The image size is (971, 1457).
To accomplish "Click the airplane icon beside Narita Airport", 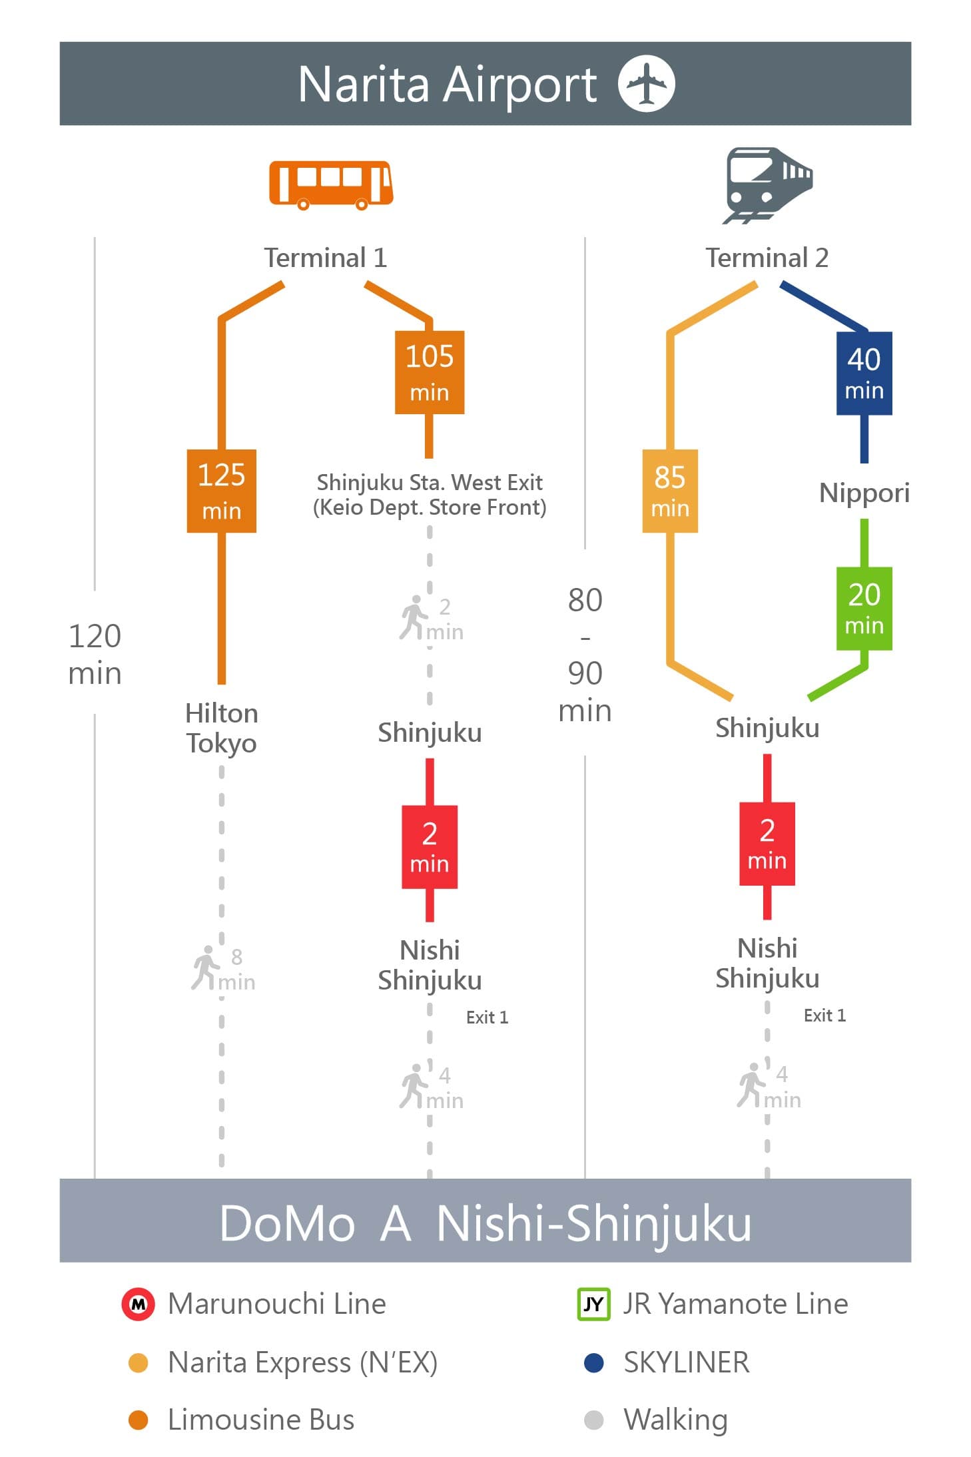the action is coord(646,84).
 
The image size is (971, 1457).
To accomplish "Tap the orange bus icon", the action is coord(331,184).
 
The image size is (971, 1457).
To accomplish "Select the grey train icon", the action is coord(768,185).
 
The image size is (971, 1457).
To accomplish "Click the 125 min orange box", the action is coord(222,491).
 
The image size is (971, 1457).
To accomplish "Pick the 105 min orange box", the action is coord(430,372).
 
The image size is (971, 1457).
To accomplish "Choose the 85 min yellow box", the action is coord(670,491).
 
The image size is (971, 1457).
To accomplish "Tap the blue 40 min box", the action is coord(864,373).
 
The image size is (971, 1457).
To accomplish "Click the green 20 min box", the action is coord(864,609).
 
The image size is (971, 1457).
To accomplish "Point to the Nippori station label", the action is coord(864,493).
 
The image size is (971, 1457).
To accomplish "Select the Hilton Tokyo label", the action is coord(222,728).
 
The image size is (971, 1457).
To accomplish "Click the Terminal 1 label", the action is coord(326,258).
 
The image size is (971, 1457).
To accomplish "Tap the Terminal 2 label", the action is coord(767,258).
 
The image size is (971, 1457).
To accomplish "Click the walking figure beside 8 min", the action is coord(205,968).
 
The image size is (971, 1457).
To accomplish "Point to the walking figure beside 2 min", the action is coord(414,617).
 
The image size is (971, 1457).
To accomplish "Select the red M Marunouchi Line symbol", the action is coord(139,1304).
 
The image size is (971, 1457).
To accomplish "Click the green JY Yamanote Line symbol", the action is coord(593,1304).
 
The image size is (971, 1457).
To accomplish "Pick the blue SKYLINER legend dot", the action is coord(593,1362).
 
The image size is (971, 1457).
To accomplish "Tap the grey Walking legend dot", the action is coord(593,1420).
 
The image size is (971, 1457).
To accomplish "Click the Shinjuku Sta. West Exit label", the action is coord(430,482).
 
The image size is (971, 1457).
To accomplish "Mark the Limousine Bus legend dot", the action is coord(138,1420).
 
